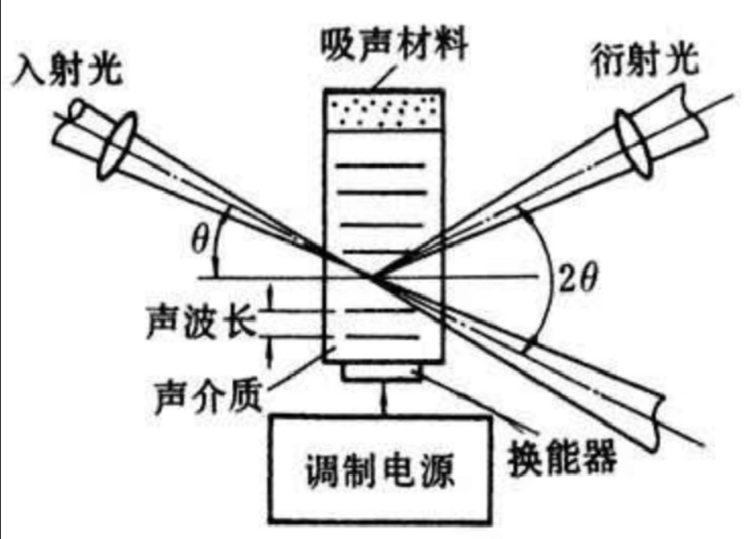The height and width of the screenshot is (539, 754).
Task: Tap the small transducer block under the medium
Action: tap(382, 373)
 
